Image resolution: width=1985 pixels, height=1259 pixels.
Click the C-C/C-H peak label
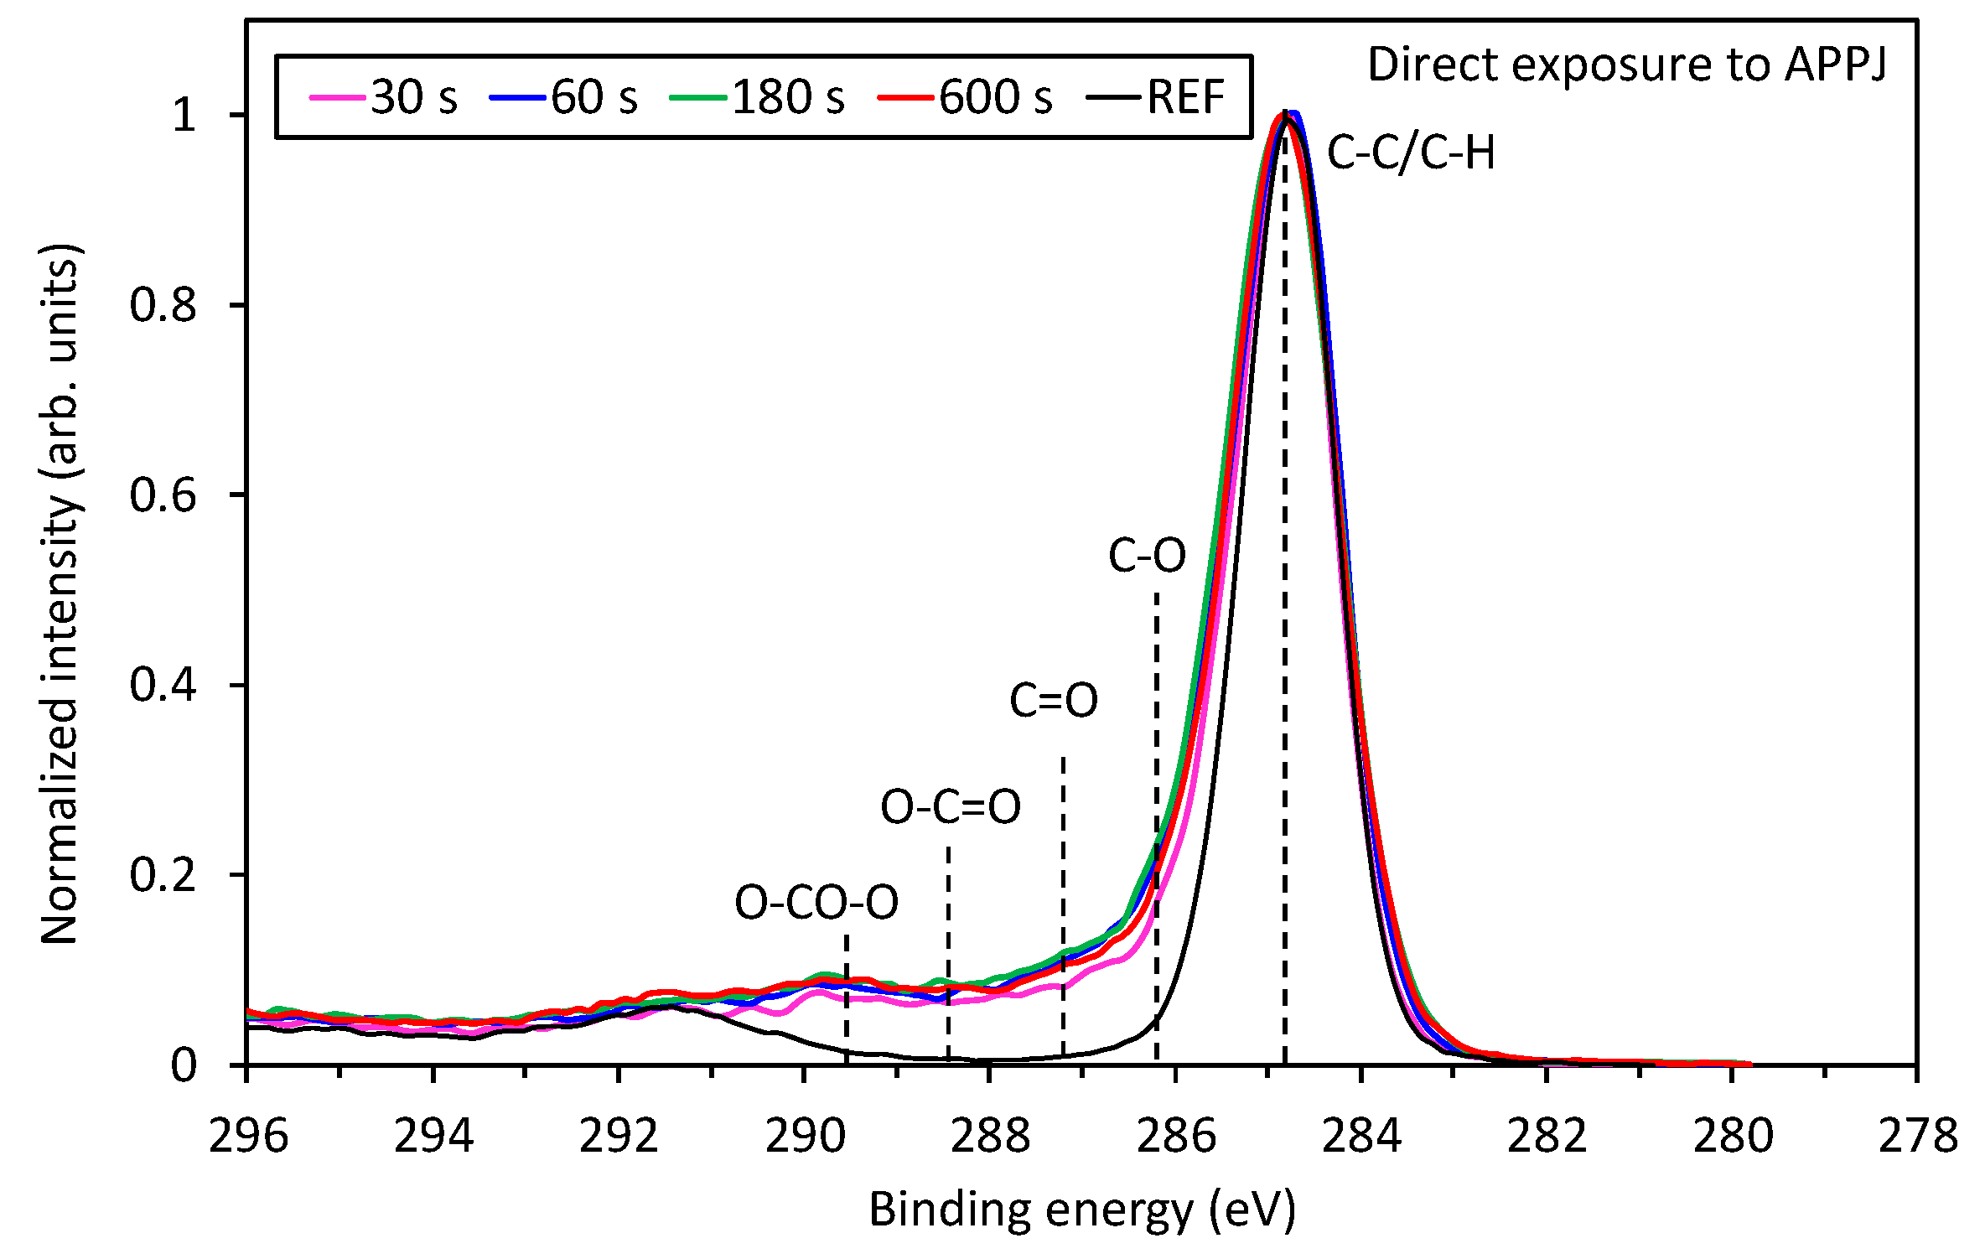click(x=1411, y=153)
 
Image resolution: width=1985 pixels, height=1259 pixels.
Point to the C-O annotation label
click(x=1147, y=556)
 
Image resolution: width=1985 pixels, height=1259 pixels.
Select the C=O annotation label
click(x=1053, y=700)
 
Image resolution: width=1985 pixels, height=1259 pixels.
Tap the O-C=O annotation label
click(x=951, y=807)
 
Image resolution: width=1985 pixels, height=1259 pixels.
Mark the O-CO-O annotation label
click(x=816, y=903)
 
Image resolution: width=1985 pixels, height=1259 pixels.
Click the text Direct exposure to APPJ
click(x=1626, y=65)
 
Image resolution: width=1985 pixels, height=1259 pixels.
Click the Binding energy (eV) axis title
click(x=1081, y=1210)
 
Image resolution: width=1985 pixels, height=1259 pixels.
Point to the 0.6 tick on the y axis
click(x=163, y=495)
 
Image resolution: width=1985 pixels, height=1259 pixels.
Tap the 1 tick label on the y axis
click(x=184, y=114)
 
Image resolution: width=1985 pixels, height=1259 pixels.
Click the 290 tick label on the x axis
click(x=804, y=1137)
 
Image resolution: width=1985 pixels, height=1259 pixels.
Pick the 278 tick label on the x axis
click(x=1917, y=1137)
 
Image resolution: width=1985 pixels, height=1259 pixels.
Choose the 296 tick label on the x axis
click(x=248, y=1137)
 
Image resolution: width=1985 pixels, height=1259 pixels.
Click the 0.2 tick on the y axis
click(x=163, y=875)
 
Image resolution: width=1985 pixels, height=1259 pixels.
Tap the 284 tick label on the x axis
click(x=1361, y=1137)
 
